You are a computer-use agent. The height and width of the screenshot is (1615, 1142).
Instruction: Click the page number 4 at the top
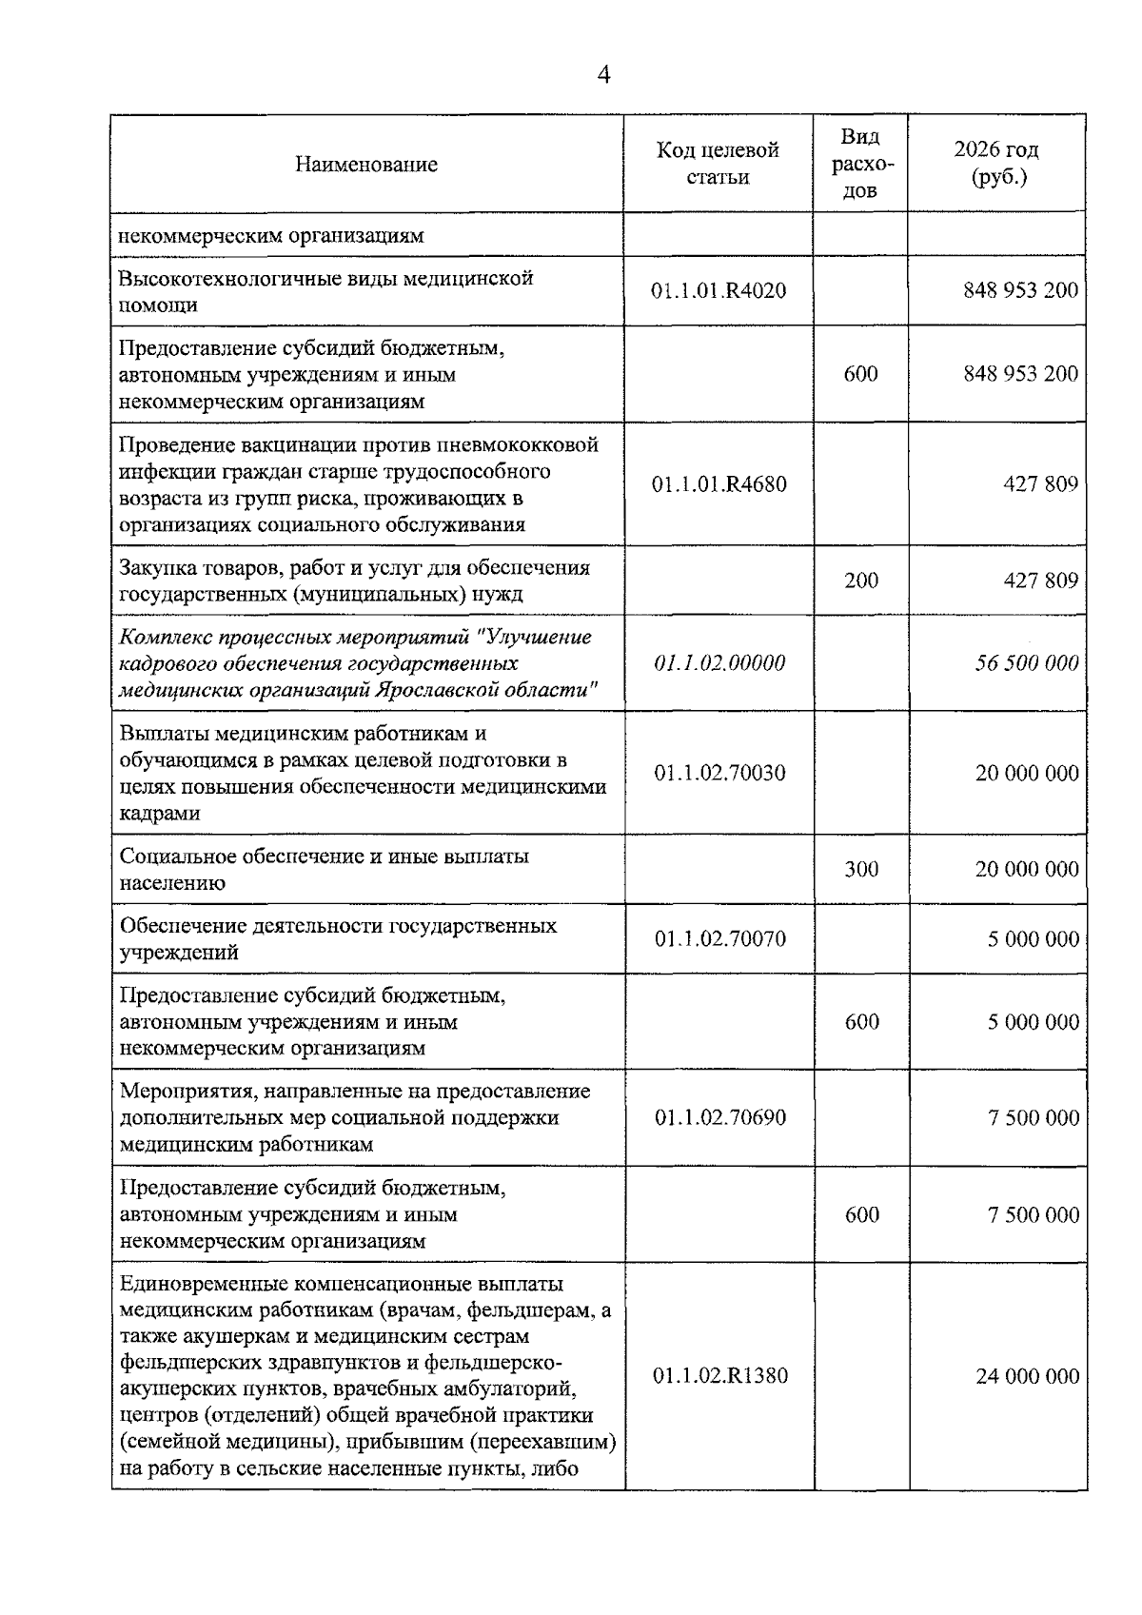(x=602, y=75)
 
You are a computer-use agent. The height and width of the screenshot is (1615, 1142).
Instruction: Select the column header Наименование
(x=366, y=165)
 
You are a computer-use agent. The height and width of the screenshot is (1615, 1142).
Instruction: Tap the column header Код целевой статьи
(x=718, y=164)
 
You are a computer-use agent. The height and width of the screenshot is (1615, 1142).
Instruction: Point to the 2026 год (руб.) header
(x=996, y=164)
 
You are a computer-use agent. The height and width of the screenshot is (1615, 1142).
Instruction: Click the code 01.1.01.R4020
(x=719, y=290)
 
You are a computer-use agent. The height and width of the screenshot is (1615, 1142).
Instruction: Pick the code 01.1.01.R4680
(x=719, y=484)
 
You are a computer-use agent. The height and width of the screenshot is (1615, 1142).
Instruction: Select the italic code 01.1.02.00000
(x=719, y=663)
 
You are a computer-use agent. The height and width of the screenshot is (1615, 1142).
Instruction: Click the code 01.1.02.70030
(x=719, y=773)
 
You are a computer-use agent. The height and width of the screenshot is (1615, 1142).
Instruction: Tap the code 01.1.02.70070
(x=719, y=939)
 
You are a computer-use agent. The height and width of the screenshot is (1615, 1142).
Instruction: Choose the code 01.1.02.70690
(x=719, y=1117)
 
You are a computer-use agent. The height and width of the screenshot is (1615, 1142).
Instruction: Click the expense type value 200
(x=861, y=581)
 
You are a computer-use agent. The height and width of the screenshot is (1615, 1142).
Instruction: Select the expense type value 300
(x=861, y=869)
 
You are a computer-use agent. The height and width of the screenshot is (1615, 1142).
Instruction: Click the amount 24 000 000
(x=1027, y=1376)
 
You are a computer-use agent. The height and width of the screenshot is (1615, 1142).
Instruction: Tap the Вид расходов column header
(x=860, y=164)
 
